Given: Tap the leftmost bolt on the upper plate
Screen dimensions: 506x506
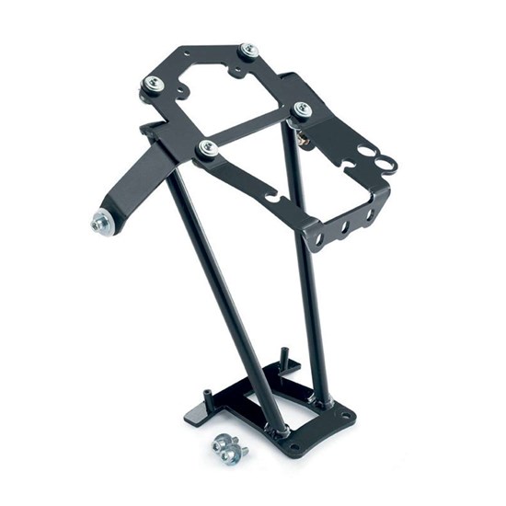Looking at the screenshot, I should click(150, 86).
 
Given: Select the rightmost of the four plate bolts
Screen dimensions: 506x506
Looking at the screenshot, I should click(302, 109).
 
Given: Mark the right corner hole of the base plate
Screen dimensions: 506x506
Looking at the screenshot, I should click(346, 416).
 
